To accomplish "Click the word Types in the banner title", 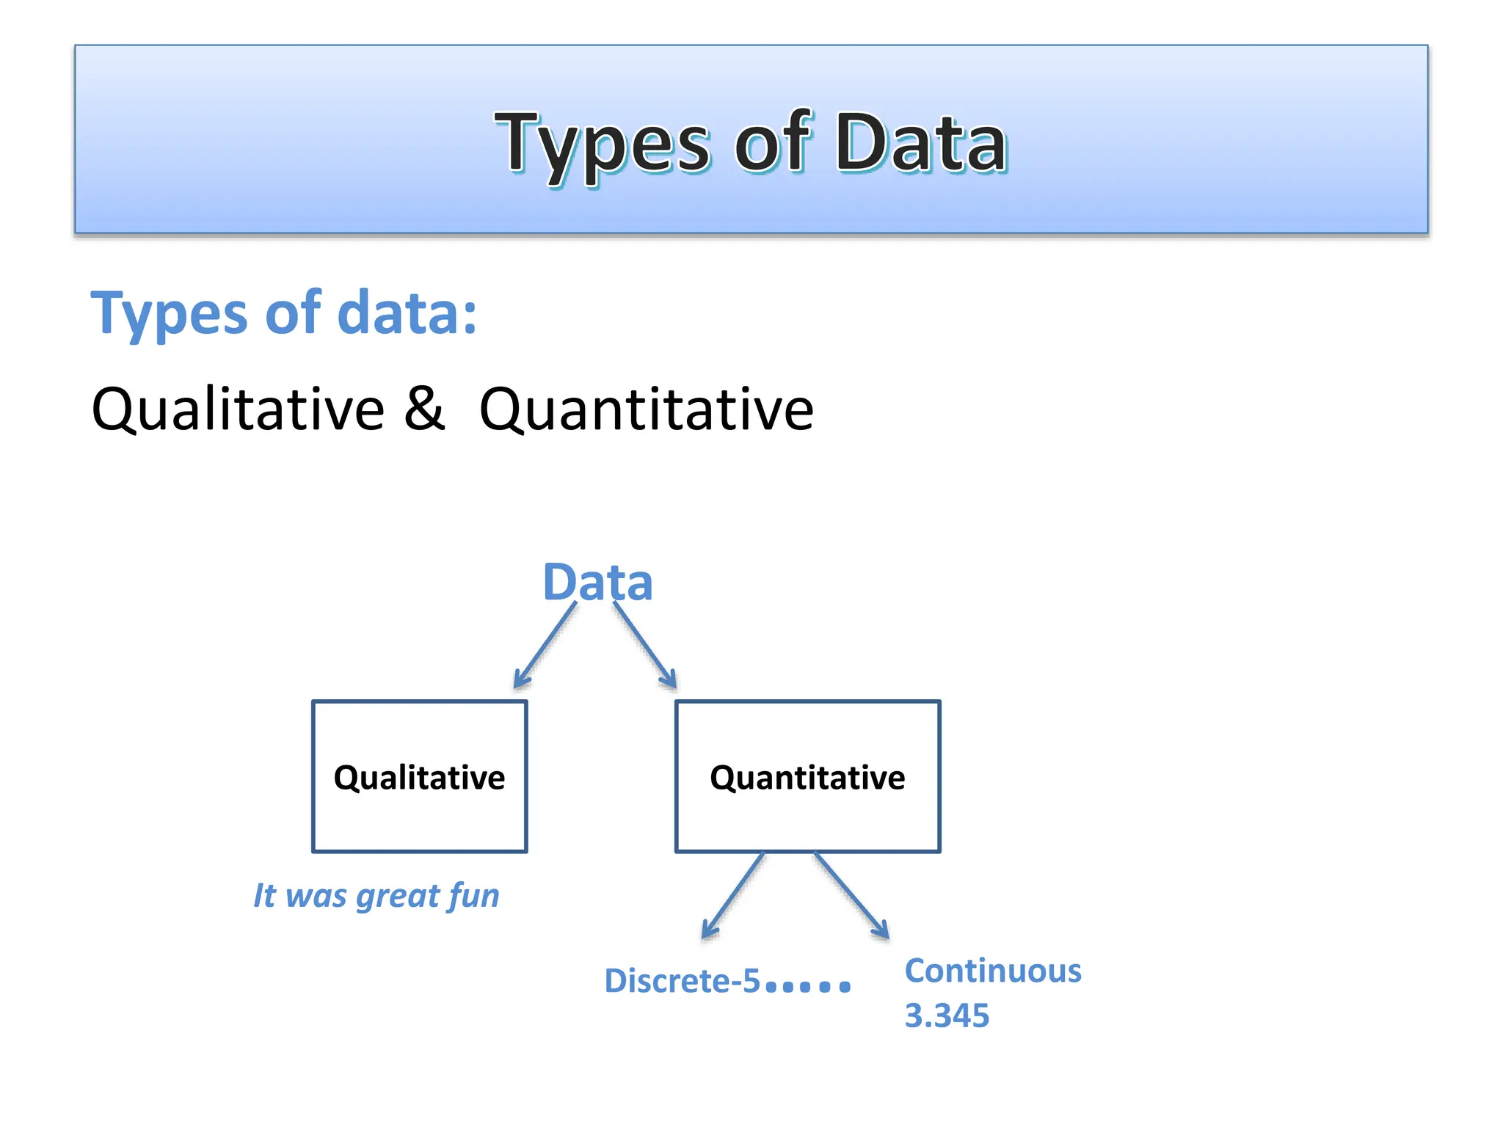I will click(x=602, y=143).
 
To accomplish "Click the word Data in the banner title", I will click(x=920, y=143).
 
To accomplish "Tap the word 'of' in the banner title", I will click(x=772, y=143).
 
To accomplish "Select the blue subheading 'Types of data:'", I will click(x=283, y=314).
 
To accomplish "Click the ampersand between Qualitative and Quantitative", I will click(x=424, y=408).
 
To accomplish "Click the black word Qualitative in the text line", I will click(x=238, y=409).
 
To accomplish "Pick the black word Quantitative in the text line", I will click(x=646, y=409).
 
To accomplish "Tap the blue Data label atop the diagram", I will click(x=597, y=583).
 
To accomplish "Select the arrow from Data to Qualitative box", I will click(x=545, y=646).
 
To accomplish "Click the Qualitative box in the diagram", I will click(x=419, y=776).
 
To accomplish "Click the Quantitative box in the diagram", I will click(x=807, y=776).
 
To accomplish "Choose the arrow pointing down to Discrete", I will click(x=732, y=897).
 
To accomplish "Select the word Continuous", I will click(x=992, y=971).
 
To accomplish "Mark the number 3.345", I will click(x=947, y=1016).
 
